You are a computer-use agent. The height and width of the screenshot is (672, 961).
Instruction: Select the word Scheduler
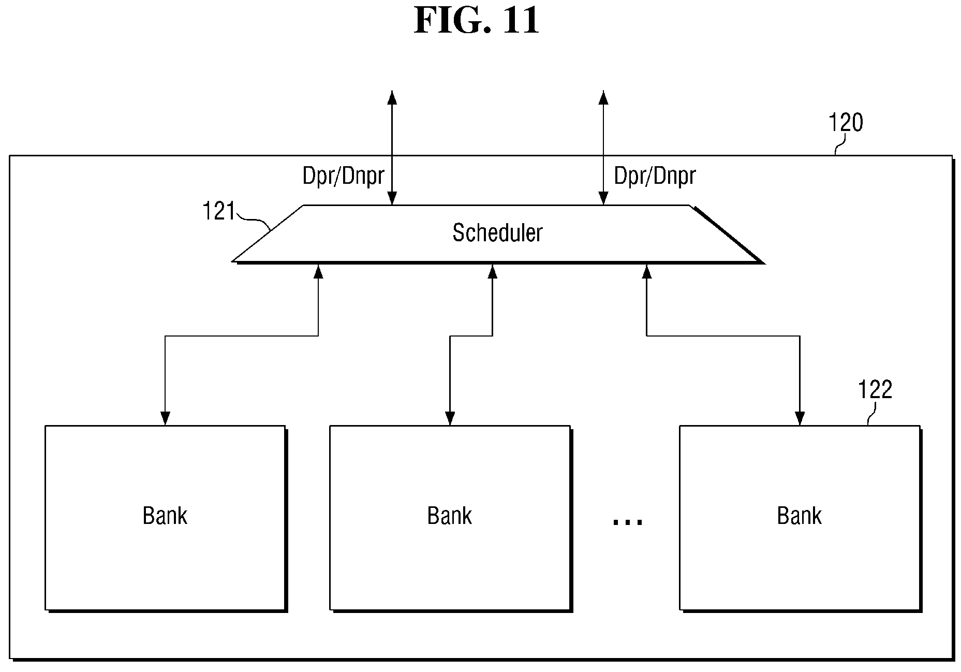(497, 232)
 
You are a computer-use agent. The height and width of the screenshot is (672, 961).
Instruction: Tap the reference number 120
(846, 123)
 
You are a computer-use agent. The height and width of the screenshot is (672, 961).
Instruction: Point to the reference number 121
(219, 211)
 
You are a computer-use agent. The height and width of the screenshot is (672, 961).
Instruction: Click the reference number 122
(875, 390)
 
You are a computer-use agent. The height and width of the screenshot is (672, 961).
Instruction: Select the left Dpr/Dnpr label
(343, 177)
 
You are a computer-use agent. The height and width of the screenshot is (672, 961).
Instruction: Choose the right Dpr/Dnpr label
(655, 177)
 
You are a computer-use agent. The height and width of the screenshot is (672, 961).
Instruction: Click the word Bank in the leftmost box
(165, 516)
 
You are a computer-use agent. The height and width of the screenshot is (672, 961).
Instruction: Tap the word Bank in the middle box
(449, 516)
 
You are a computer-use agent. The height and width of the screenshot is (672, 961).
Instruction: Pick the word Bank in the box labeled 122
(799, 516)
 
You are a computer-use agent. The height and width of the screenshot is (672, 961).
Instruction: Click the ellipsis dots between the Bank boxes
(627, 522)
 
